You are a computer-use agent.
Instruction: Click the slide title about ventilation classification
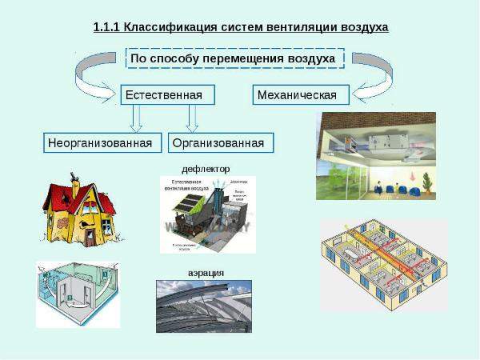coord(241,27)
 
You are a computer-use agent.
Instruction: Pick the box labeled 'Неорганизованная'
coord(99,143)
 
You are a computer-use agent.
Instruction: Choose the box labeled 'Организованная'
coord(221,143)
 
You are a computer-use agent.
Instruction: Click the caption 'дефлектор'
coord(206,169)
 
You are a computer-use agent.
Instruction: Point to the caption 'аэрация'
coord(206,273)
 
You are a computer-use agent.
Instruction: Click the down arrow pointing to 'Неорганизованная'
coord(136,118)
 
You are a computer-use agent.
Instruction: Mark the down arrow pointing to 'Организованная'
coord(191,118)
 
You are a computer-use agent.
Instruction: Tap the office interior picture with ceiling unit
coord(375,155)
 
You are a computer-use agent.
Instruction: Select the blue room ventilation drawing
coord(77,293)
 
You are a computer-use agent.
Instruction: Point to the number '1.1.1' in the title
coord(106,27)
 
